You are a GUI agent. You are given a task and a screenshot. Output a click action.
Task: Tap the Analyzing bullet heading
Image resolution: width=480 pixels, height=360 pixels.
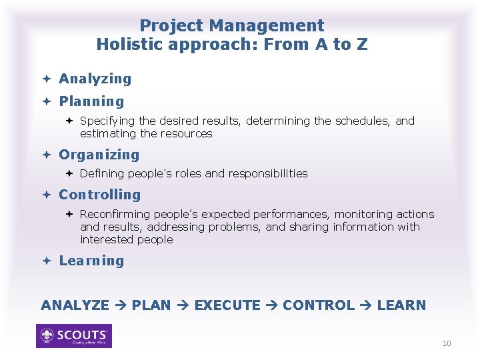pyautogui.click(x=95, y=79)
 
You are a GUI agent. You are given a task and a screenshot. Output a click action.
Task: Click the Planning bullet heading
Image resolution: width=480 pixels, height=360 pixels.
pyautogui.click(x=91, y=102)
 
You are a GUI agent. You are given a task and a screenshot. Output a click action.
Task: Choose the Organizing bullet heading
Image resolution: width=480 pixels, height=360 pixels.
pyautogui.click(x=99, y=155)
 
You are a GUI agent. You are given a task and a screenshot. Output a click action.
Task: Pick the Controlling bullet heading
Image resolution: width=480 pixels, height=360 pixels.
pyautogui.click(x=100, y=195)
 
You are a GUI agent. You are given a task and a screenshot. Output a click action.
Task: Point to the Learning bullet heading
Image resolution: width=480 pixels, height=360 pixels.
pyautogui.click(x=91, y=261)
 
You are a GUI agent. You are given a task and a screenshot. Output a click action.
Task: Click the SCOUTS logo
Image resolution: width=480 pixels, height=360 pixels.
pyautogui.click(x=74, y=336)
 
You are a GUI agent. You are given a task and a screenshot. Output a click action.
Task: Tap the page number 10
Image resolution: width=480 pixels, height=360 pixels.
pyautogui.click(x=447, y=343)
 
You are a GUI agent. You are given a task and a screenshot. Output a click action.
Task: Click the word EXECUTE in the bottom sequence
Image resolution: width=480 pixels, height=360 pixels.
pyautogui.click(x=227, y=305)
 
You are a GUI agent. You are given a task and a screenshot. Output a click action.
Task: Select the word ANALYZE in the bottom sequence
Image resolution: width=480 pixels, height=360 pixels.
pyautogui.click(x=75, y=305)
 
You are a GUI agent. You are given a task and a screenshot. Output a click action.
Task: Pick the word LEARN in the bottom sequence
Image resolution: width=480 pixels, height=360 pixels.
pyautogui.click(x=401, y=305)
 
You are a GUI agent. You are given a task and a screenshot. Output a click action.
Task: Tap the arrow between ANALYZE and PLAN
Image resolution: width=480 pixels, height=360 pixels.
pyautogui.click(x=121, y=305)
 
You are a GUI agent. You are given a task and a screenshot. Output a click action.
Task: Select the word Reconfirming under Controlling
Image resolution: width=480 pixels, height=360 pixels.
pyautogui.click(x=115, y=214)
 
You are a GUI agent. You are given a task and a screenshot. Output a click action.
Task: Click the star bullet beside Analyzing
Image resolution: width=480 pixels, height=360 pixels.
pyautogui.click(x=48, y=79)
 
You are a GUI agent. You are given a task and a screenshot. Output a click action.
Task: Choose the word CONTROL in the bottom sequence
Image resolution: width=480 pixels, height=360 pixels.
pyautogui.click(x=319, y=305)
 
